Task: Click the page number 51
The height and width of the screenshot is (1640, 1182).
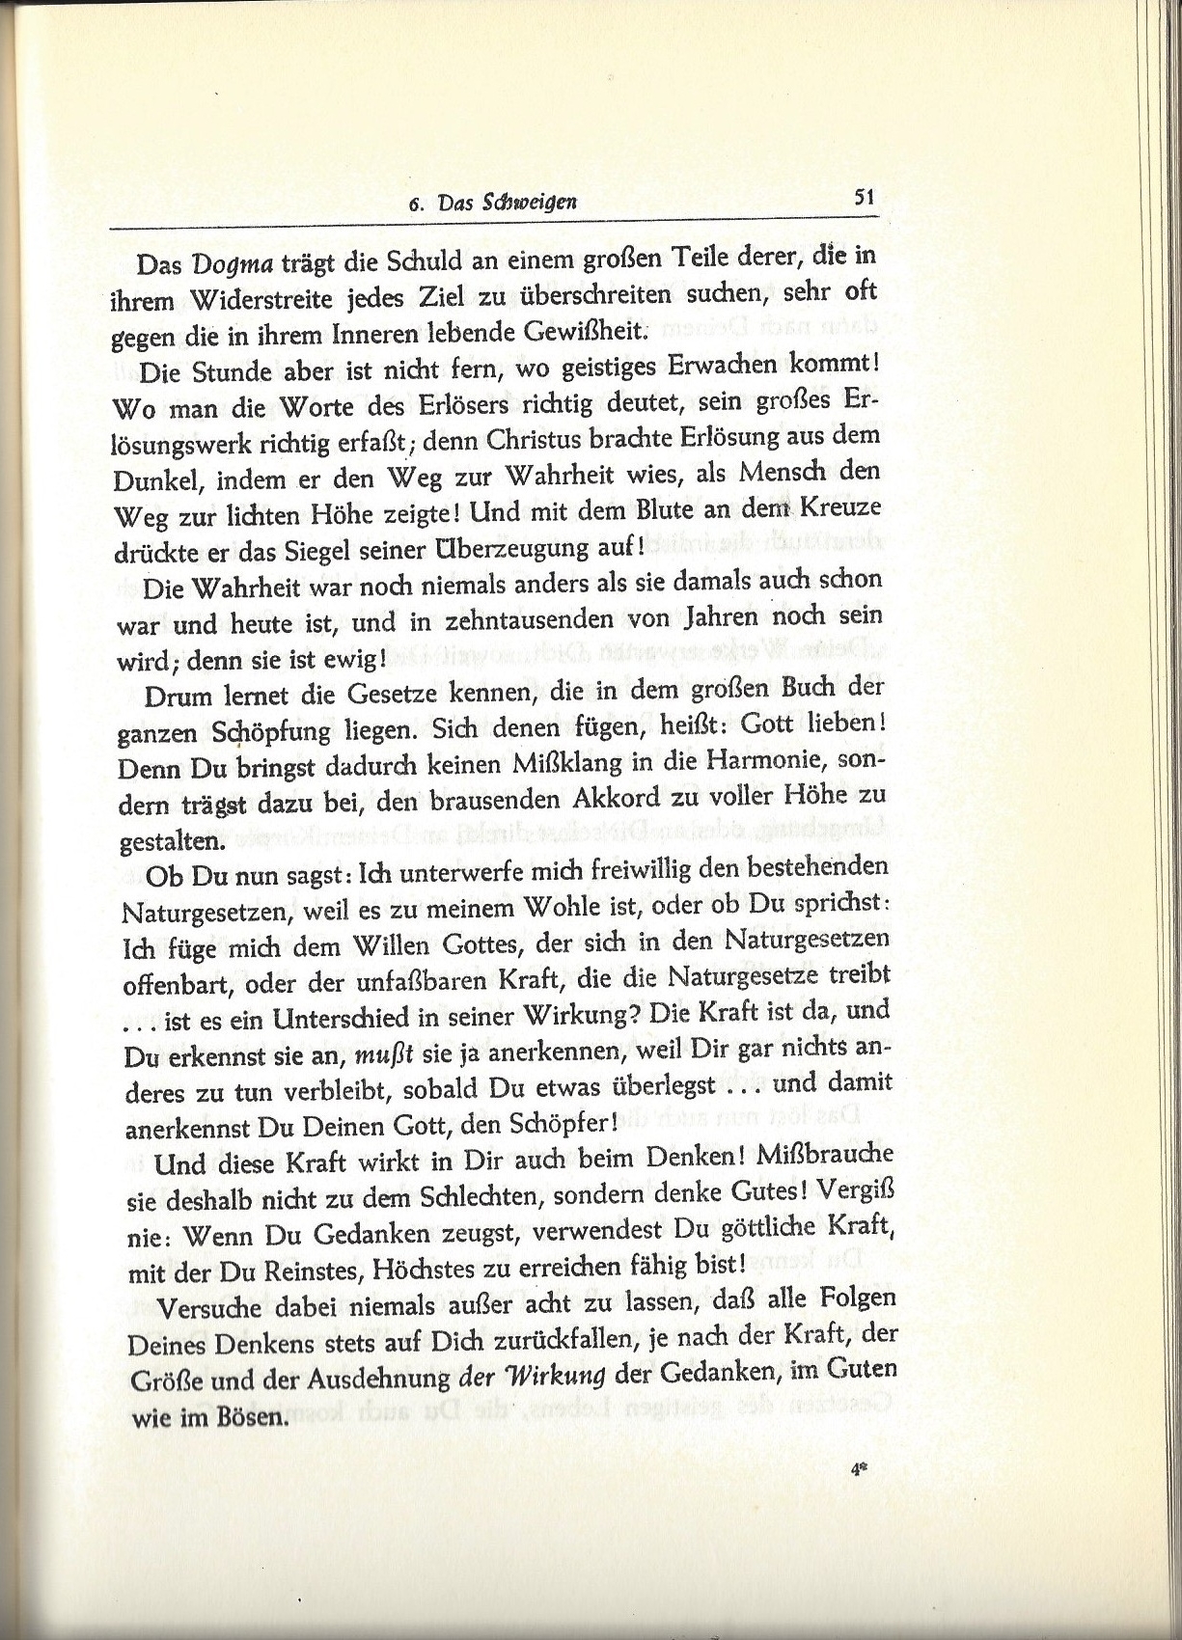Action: (863, 197)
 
